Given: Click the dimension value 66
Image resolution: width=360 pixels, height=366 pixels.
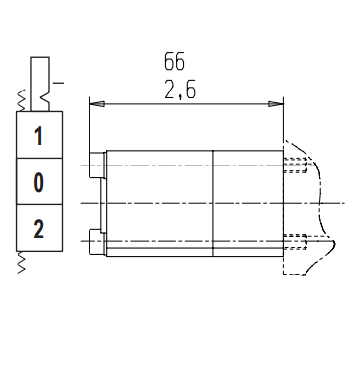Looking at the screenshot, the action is coord(174,61).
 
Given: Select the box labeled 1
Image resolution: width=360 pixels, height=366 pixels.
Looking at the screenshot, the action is coord(39,135).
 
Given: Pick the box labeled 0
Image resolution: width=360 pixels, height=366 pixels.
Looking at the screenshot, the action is coord(39,181).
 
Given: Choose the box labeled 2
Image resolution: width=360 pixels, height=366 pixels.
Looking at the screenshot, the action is coord(39,228).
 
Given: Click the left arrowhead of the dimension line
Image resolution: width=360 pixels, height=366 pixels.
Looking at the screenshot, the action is coord(96,104).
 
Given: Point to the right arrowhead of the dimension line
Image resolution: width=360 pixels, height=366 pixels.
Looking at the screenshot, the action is coord(275,104).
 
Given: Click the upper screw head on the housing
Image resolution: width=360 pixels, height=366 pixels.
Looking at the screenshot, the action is coord(97,165).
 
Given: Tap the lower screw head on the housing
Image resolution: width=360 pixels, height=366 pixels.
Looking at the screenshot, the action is coord(97,241).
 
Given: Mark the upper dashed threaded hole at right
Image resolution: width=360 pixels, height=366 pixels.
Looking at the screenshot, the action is coord(296,165).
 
